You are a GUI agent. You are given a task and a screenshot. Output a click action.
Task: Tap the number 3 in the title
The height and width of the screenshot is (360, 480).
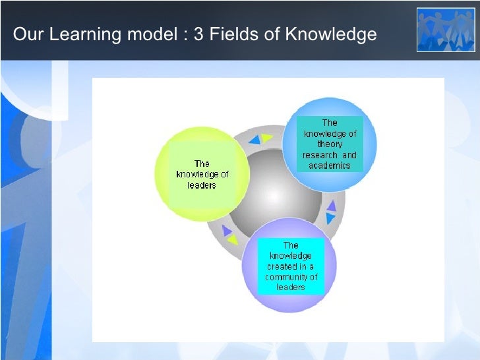198,34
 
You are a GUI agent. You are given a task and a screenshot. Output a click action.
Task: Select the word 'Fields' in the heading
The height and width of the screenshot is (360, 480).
231,34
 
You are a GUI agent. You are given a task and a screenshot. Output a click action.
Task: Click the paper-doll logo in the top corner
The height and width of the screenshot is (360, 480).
445,30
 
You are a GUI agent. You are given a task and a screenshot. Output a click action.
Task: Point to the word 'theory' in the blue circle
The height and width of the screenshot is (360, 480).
330,144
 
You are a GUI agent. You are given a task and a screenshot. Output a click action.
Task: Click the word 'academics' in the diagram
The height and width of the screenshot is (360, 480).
329,165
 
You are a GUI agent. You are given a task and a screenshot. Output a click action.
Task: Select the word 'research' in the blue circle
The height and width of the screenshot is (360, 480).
320,155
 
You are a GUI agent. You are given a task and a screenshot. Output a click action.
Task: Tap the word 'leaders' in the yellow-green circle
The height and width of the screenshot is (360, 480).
202,185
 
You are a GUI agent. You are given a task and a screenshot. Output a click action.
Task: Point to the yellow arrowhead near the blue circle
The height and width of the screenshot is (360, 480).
266,138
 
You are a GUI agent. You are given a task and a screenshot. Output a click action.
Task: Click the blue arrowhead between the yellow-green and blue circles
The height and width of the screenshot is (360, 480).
255,140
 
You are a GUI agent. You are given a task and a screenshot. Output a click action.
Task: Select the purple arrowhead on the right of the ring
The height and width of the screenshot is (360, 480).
332,206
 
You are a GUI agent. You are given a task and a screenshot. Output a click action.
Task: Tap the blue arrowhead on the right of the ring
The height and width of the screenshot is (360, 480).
330,218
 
